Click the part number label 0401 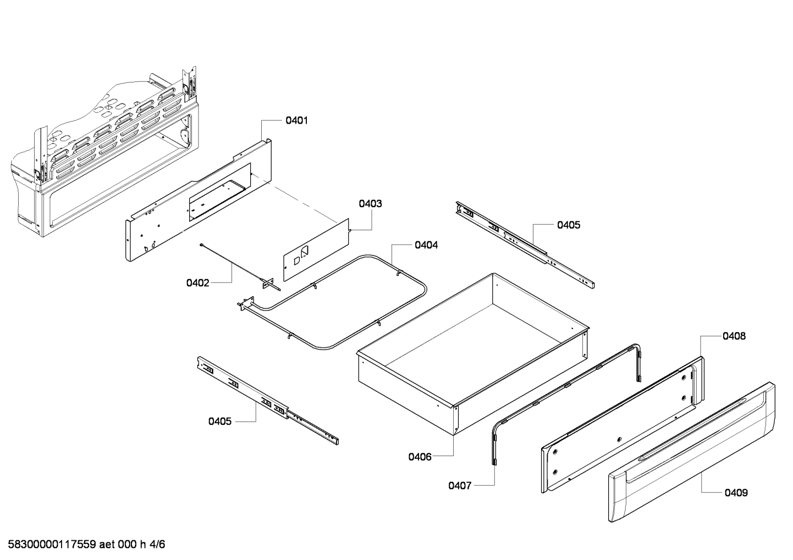(296, 120)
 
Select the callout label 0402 (197, 283)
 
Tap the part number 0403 (370, 204)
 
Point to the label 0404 (426, 245)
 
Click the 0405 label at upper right (568, 225)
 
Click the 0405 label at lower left (219, 422)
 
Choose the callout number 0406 (420, 456)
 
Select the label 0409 (736, 493)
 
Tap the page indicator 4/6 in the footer (157, 545)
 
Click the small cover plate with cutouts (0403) (316, 247)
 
